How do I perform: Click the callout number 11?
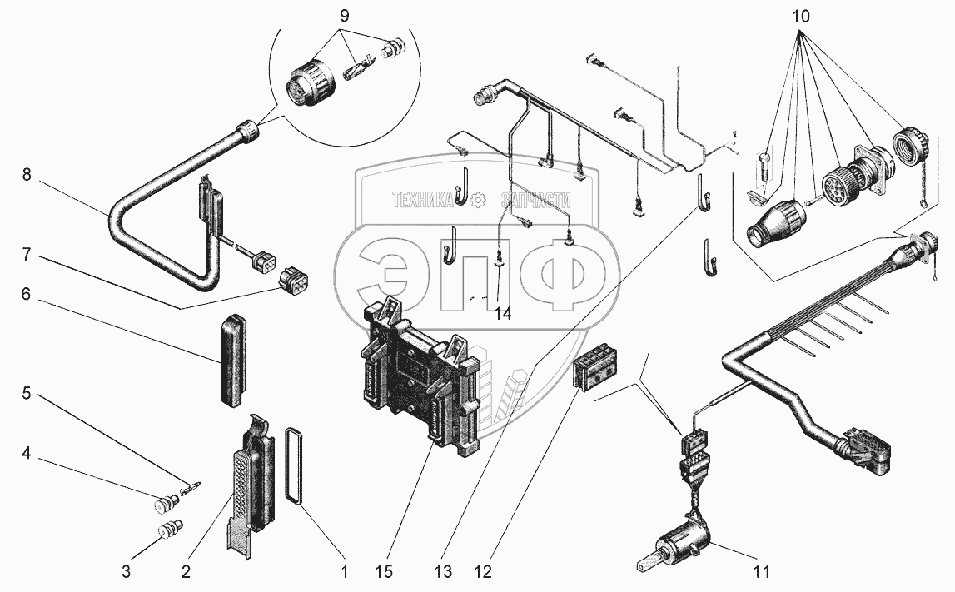pyautogui.click(x=762, y=572)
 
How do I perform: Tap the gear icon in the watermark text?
pyautogui.click(x=477, y=200)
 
